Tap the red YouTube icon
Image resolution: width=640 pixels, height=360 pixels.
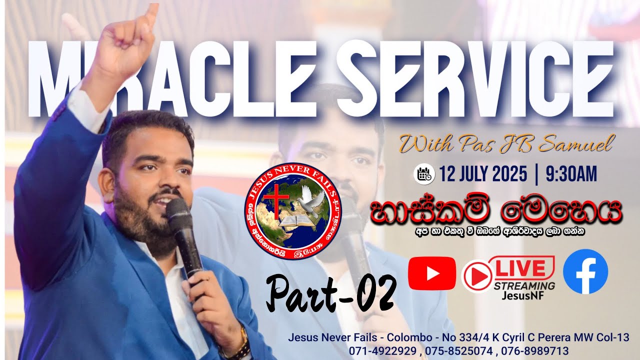point(432,273)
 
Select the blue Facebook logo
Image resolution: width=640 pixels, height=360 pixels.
point(585,271)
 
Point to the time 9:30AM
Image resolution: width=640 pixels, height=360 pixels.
point(571,174)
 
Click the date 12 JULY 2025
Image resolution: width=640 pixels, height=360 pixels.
point(483,174)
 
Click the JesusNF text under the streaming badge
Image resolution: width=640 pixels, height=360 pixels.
point(523,295)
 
